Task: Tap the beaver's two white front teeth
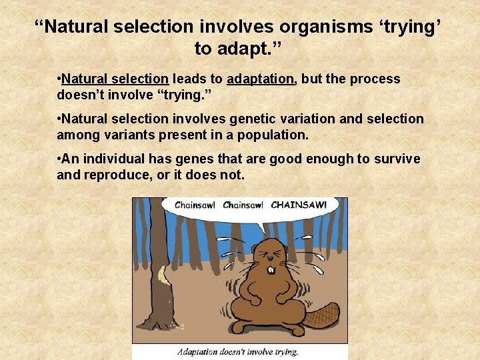coord(271,270)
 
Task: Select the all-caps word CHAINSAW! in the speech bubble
coord(299,205)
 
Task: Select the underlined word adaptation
coord(260,79)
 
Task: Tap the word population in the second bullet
coord(269,135)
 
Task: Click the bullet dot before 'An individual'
coord(60,159)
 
